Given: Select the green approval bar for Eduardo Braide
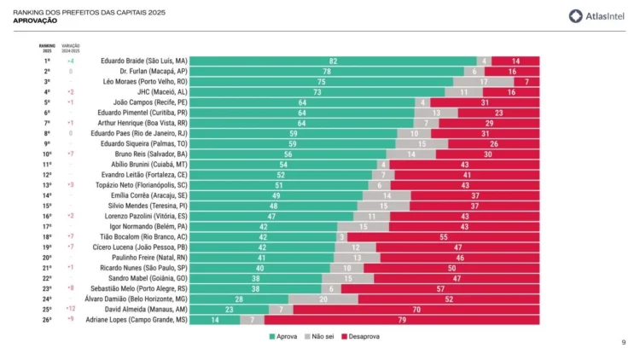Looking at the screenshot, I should [333, 61].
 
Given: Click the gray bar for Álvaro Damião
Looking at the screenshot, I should [322, 299].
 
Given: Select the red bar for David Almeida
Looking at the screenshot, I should [416, 309].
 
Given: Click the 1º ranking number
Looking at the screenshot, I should [47, 61].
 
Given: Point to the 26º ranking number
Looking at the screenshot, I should [47, 319].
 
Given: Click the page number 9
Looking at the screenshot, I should [623, 342].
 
